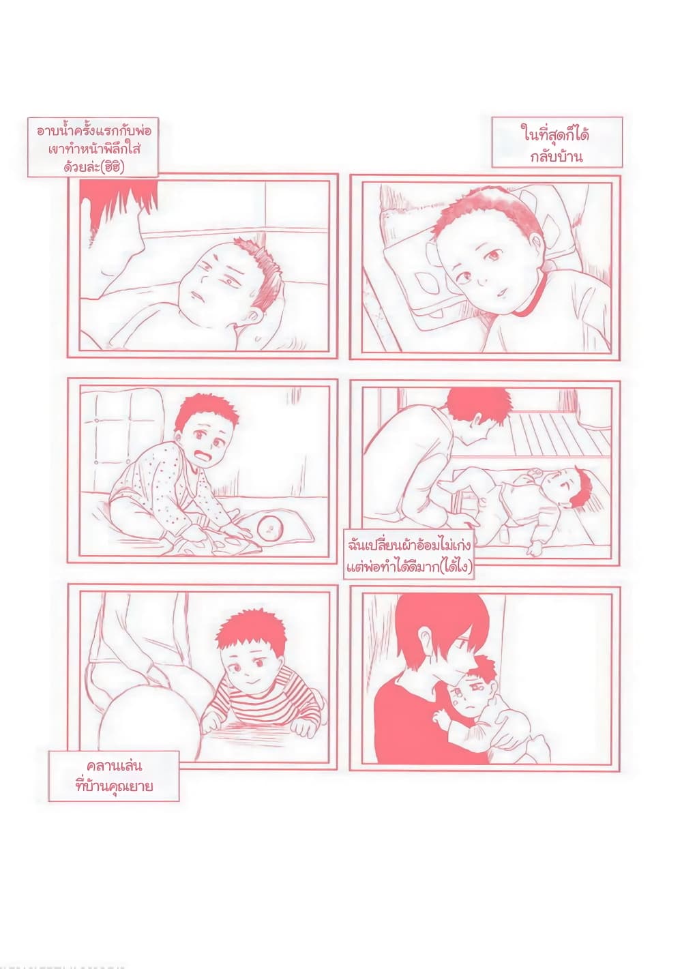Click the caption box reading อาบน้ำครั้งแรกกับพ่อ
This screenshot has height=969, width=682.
[x=93, y=147]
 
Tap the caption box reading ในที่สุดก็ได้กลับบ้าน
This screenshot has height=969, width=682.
[x=557, y=143]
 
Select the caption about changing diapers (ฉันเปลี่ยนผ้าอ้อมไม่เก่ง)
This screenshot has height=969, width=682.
[x=409, y=554]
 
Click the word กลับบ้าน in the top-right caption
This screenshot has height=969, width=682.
[x=557, y=155]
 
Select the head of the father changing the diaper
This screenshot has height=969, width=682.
[x=476, y=415]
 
